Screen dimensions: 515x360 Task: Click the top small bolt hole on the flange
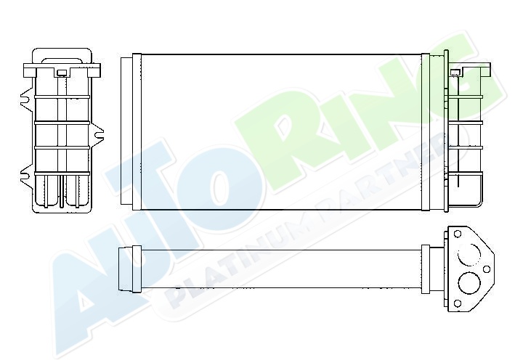pyautogui.click(x=458, y=234)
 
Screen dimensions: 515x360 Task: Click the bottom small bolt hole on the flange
pyautogui.click(x=457, y=303)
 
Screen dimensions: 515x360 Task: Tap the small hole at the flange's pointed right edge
pyautogui.click(x=487, y=269)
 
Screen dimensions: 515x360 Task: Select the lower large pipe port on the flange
pyautogui.click(x=469, y=283)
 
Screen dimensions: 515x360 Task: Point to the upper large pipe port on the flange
pyautogui.click(x=469, y=254)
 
